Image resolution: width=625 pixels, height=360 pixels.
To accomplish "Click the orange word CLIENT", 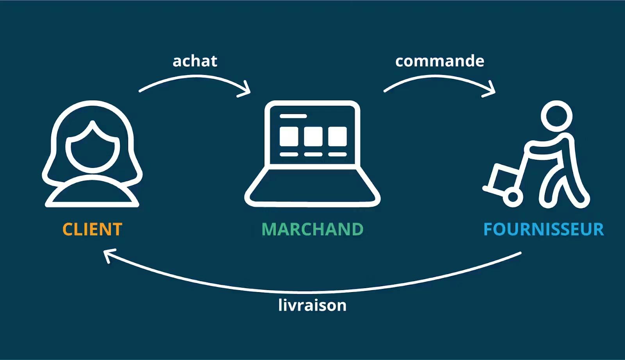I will coord(93,229).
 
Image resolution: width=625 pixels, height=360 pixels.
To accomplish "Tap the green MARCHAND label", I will coord(312,229).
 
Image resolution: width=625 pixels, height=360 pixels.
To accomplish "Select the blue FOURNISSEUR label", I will coord(544,229).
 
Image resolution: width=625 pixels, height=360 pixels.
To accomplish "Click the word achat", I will coord(195,61).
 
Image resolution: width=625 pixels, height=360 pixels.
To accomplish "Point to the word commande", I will coord(439,61).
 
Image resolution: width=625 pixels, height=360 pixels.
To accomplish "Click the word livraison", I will coord(312,305).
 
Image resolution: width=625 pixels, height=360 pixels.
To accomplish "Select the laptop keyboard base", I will coord(312,187).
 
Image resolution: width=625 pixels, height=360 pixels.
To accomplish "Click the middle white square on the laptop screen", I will coord(313,136).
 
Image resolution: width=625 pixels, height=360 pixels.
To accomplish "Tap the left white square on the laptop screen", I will coord(289,136).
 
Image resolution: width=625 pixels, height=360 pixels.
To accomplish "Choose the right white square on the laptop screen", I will coord(337,136).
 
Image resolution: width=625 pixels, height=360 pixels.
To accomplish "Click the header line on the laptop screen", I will coord(293,116).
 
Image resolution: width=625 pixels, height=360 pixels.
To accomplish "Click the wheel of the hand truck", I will coord(512,198).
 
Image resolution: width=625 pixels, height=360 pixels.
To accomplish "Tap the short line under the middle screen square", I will coord(313,155).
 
